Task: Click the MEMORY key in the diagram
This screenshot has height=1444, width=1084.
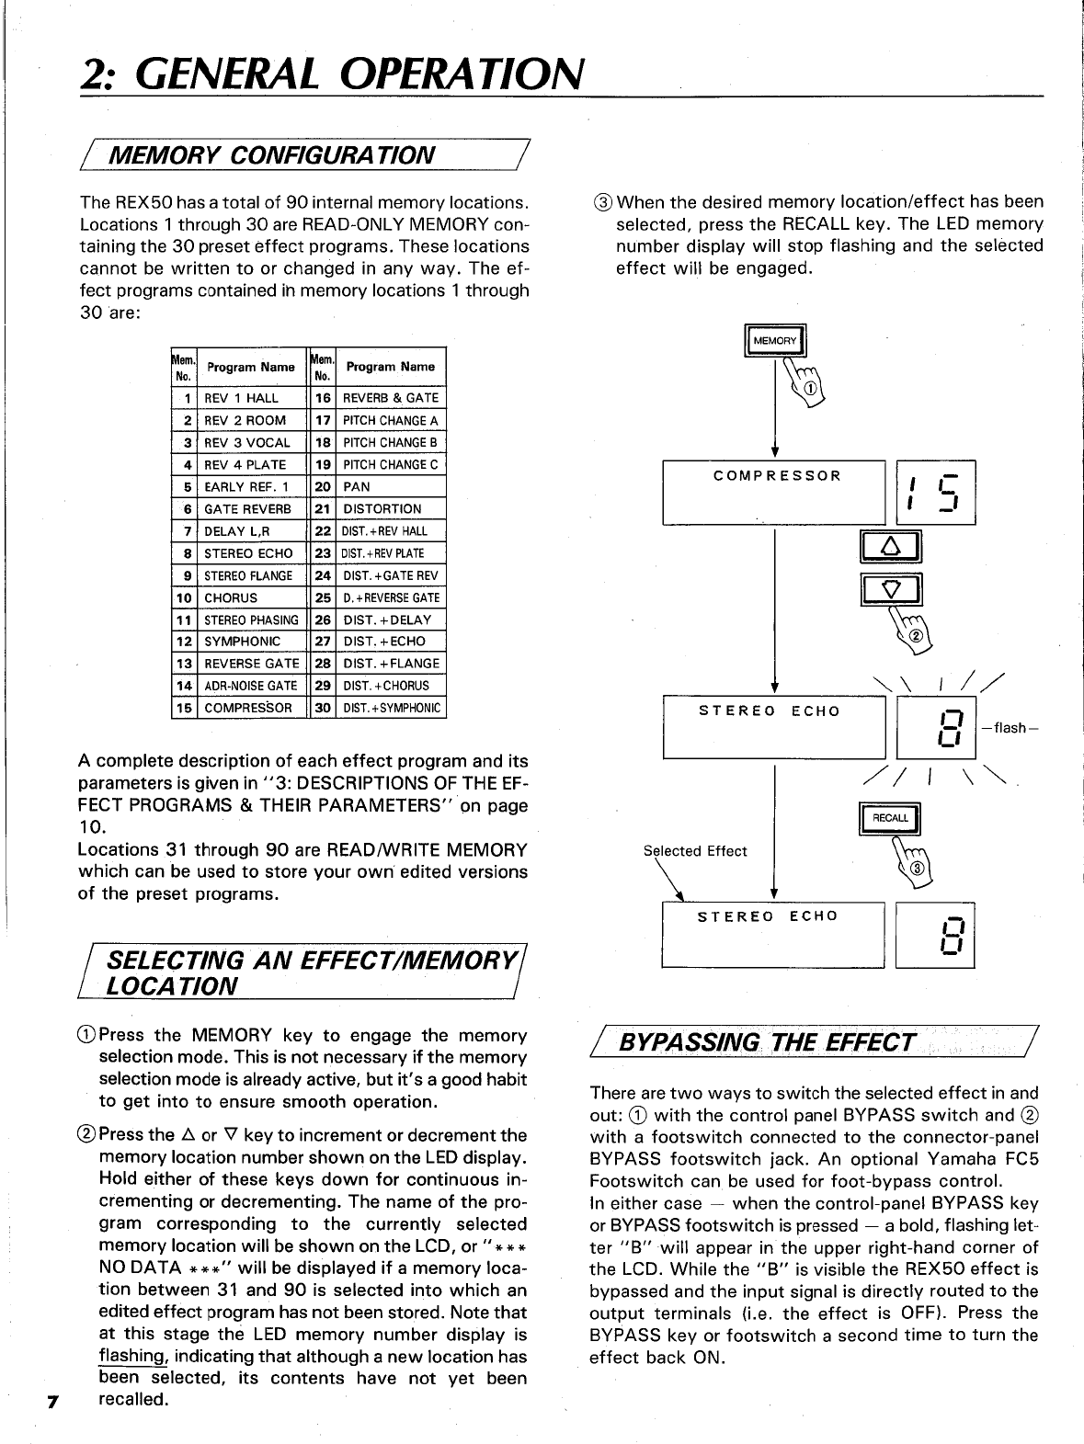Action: (x=775, y=341)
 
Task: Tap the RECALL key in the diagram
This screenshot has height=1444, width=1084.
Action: (x=889, y=818)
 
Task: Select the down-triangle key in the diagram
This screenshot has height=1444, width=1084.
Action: (x=890, y=589)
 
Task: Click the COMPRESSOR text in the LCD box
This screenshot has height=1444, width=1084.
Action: (x=777, y=476)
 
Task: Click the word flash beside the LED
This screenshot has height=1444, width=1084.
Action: (x=1010, y=728)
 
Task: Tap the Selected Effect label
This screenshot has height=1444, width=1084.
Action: (x=695, y=851)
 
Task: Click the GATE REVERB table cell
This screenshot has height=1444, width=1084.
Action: (x=247, y=509)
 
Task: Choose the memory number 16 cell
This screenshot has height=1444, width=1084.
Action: (x=323, y=398)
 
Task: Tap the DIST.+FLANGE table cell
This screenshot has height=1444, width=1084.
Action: (x=392, y=664)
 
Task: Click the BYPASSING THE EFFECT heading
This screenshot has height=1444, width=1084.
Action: (x=769, y=1042)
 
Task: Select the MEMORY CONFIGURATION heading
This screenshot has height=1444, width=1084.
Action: (x=272, y=153)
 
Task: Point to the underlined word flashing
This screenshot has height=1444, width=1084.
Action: (x=129, y=1357)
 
